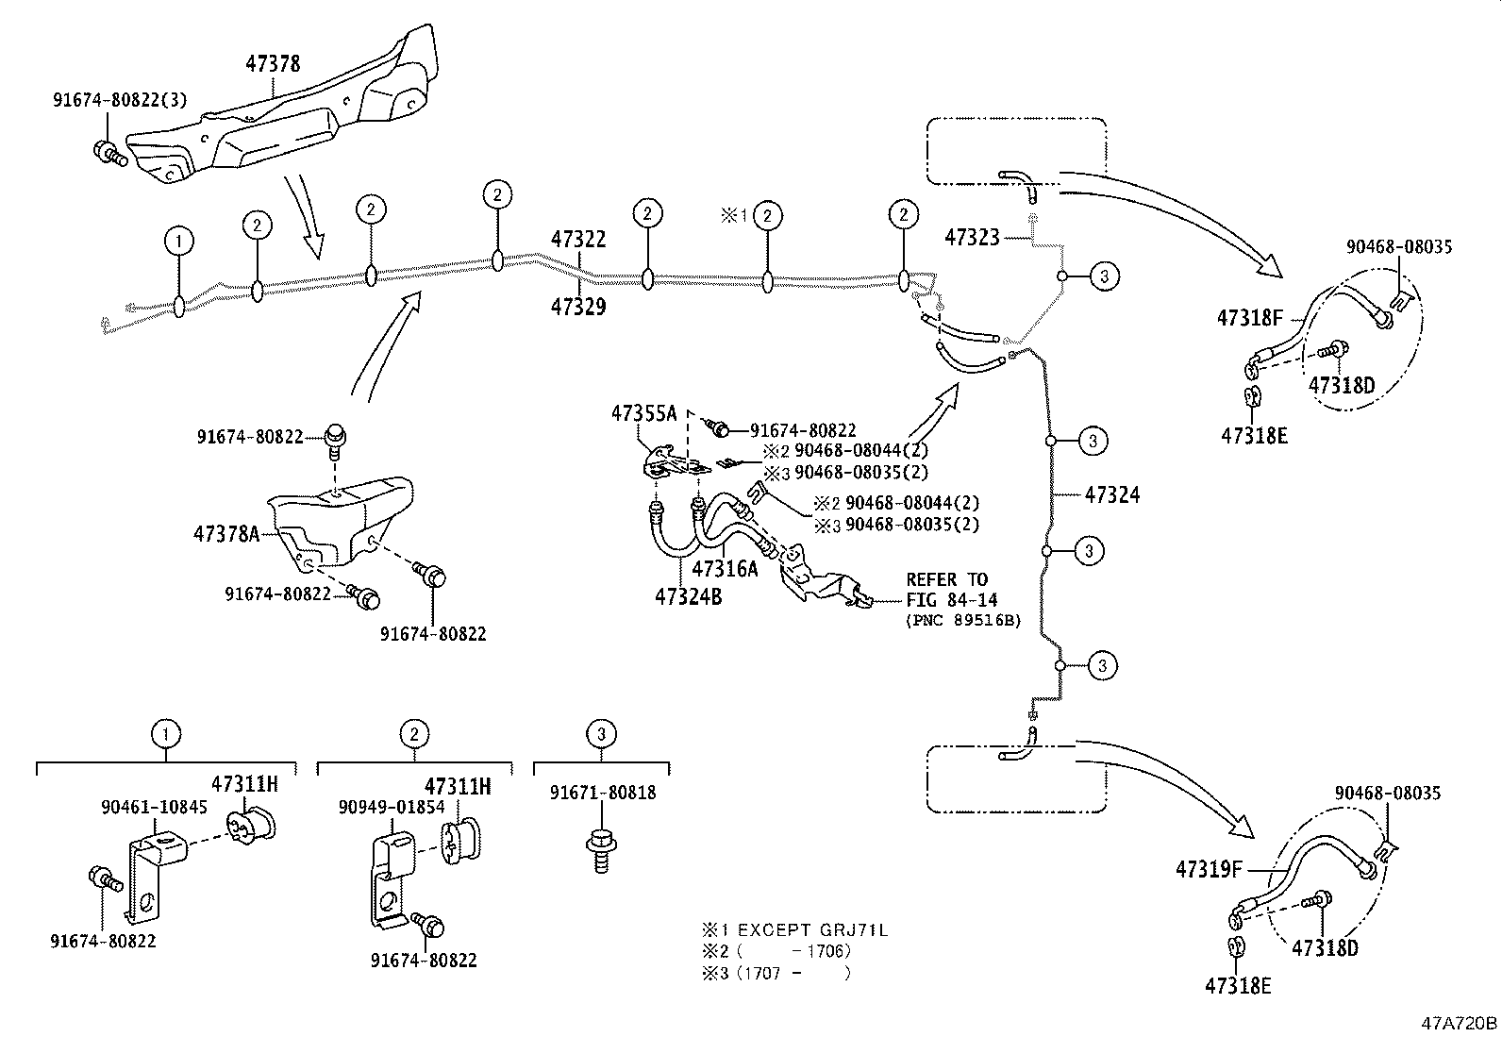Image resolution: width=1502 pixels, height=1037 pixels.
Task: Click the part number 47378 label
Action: point(273,64)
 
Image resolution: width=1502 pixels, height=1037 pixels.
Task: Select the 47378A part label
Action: point(226,534)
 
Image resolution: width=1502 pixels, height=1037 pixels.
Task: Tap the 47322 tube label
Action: point(578,240)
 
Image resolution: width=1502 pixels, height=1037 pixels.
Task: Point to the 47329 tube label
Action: point(578,307)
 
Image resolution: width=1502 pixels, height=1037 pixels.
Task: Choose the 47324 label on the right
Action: point(1112,494)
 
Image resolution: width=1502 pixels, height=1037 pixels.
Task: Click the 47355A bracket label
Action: point(644,412)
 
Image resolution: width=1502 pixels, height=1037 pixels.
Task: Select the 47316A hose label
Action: point(725,568)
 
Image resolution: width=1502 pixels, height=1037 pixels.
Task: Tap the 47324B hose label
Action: point(689,596)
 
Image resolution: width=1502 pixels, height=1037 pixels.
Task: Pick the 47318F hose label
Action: point(1250,319)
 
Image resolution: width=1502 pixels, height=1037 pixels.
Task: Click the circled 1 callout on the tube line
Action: point(178,242)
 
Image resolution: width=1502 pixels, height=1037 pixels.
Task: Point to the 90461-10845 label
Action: point(154,807)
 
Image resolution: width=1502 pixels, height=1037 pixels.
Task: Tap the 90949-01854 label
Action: point(392,807)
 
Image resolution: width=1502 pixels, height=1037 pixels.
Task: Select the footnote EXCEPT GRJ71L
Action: point(811,929)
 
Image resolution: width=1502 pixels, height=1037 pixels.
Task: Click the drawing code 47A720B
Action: point(1460,1023)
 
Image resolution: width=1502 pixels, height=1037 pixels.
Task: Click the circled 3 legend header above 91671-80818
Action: point(601,733)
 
